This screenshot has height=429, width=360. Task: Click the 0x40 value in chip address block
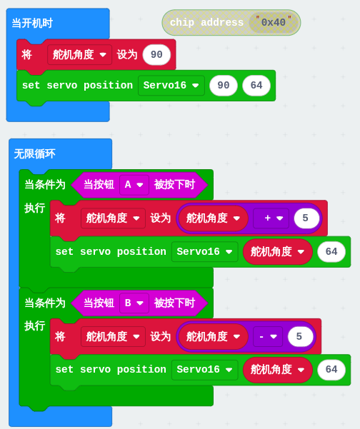click(274, 22)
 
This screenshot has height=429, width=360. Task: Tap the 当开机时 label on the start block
click(32, 24)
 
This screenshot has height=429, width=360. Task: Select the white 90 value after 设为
click(156, 55)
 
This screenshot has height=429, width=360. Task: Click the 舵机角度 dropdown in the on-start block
click(79, 55)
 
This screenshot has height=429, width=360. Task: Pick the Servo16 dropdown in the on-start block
click(171, 86)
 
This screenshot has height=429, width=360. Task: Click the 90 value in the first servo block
click(224, 86)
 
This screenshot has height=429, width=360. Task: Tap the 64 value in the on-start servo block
click(256, 86)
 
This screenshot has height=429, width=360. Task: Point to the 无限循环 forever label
click(34, 153)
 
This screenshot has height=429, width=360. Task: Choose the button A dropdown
click(134, 185)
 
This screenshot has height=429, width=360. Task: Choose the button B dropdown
click(134, 303)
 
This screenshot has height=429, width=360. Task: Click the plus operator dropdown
click(271, 218)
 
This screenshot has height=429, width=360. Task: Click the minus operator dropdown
click(268, 336)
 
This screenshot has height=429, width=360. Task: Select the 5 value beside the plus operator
click(306, 218)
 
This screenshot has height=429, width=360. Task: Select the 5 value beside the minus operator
click(300, 336)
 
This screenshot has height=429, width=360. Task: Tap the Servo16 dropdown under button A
click(204, 252)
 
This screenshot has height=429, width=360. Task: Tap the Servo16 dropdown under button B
click(204, 370)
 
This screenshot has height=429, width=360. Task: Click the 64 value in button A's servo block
click(331, 252)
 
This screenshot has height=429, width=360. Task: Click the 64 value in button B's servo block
click(331, 370)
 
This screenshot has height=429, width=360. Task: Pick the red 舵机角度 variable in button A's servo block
click(277, 252)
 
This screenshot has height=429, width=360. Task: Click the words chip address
click(206, 22)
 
